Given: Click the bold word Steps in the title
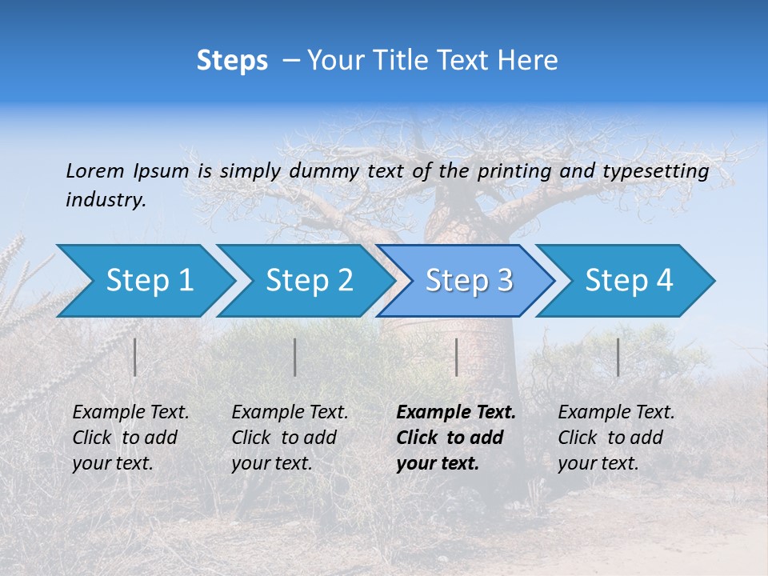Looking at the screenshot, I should pos(232,61).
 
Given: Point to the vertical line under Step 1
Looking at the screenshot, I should pos(135,357).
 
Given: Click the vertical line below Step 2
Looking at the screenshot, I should pos(295,357).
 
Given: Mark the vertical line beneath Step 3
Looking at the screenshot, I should pos(456,357).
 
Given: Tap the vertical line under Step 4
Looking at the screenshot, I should pos(618,357).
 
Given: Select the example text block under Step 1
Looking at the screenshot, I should pos(130,438).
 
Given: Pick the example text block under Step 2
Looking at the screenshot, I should pos(290,438).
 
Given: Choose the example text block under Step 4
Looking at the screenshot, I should pos(616,438).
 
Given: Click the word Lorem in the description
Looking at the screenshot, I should pos(94,170).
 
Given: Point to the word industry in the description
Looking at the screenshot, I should pos(105,200).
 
